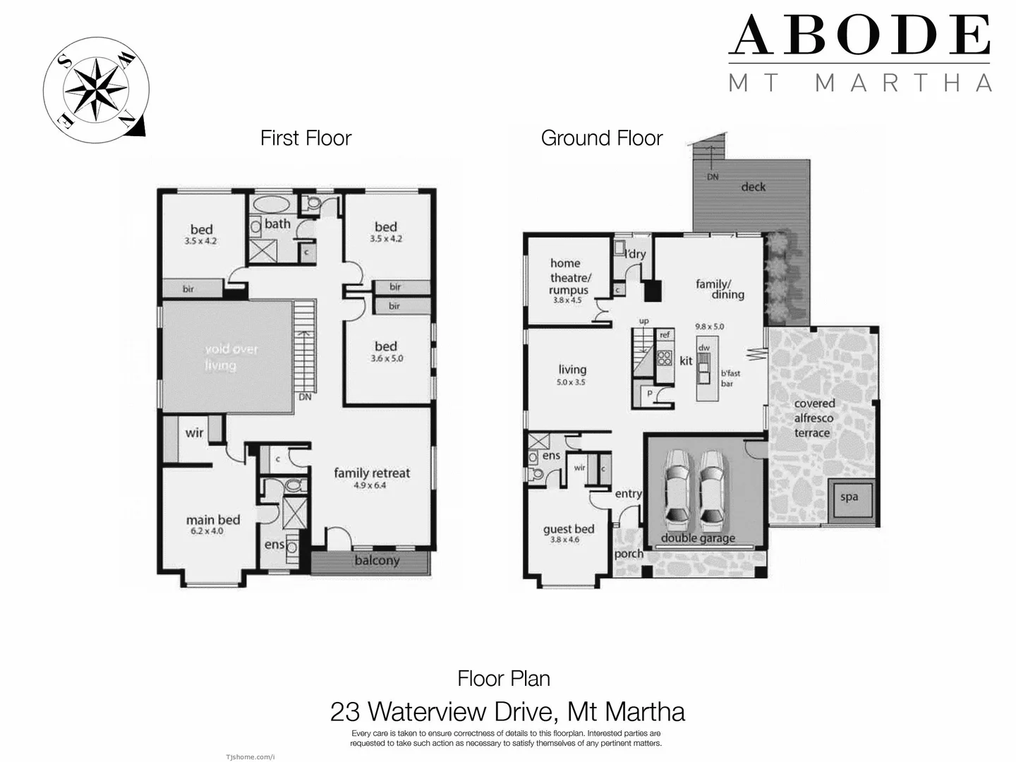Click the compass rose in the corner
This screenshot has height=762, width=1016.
point(95,90)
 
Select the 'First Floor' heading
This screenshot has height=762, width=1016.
point(306,138)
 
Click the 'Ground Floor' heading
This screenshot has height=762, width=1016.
point(601,138)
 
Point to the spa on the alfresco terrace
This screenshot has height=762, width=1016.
point(849,497)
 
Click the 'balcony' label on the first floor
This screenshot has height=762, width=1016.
point(377,561)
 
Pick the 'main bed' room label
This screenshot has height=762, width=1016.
point(213,520)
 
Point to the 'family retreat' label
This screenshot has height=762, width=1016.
point(371,473)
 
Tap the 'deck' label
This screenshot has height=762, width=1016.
point(753,187)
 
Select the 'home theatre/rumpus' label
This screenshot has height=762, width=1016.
point(569,277)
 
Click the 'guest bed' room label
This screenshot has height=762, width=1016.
point(569,529)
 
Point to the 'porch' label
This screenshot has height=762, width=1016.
point(629,554)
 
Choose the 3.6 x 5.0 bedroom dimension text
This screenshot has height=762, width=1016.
point(386,358)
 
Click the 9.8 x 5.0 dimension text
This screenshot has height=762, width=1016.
point(709,327)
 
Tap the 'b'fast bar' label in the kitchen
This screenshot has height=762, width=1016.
point(730,378)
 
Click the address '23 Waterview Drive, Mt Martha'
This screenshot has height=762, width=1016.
point(507,711)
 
